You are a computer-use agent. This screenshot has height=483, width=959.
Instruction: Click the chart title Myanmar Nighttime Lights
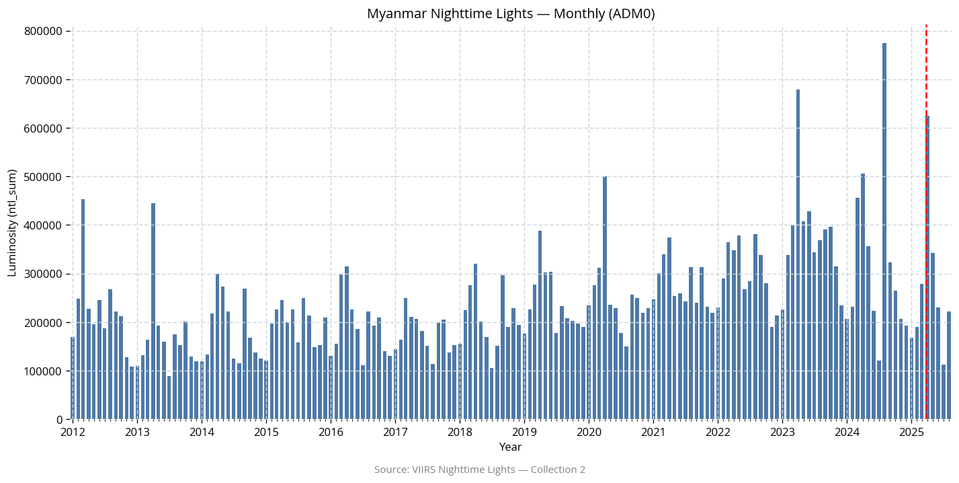point(511,13)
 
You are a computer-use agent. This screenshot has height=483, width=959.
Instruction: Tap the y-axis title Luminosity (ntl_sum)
point(12,223)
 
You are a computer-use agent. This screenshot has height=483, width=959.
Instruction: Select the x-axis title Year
point(510,447)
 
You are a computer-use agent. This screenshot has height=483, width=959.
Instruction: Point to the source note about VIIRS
point(479,470)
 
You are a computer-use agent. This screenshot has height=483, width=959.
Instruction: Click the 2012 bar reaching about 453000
point(83,309)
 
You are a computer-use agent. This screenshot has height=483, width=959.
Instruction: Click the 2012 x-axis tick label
point(73,431)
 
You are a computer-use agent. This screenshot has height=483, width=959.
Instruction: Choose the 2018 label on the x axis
point(460,431)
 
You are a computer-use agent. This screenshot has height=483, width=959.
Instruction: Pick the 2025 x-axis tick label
point(911,431)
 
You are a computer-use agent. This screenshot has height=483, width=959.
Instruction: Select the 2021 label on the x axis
point(653,431)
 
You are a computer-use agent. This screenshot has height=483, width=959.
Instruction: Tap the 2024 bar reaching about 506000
point(862,297)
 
